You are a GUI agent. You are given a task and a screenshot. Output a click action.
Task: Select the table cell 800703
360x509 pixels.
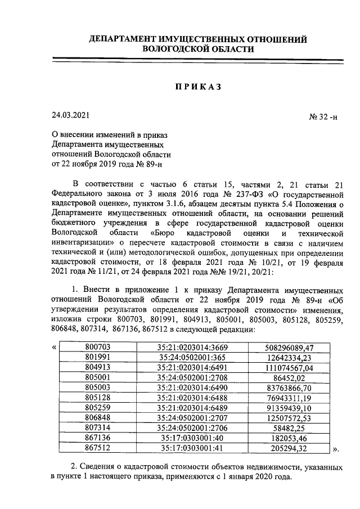pyautogui.click(x=97, y=348)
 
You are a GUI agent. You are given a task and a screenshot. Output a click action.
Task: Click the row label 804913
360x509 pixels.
pyautogui.click(x=97, y=367)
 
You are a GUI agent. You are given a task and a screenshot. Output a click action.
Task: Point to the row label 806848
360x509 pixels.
pyautogui.click(x=97, y=418)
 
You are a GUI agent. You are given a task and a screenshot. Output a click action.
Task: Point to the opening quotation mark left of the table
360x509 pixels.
pyautogui.click(x=53, y=348)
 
